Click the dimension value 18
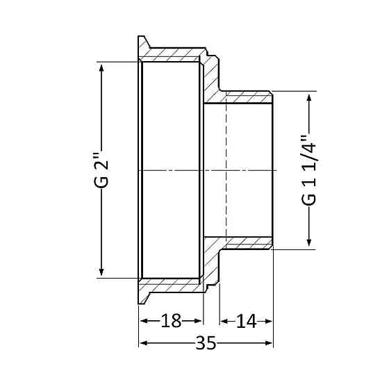tap(171, 321)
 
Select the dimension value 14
tap(246, 321)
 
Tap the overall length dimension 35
tap(206, 343)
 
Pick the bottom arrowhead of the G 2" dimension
tap(102, 272)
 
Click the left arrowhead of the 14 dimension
tap(224, 321)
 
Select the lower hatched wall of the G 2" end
tap(174, 284)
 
